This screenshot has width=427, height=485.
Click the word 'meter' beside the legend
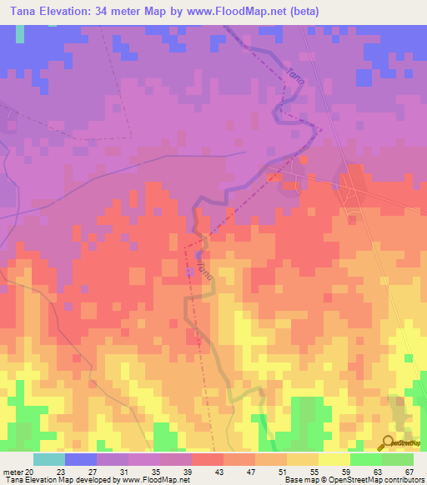[13, 471]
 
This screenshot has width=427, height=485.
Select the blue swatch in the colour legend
[81, 459]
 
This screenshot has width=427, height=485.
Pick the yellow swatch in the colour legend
[334, 459]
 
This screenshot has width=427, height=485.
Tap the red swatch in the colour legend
[208, 459]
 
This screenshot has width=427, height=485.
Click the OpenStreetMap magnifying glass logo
[387, 442]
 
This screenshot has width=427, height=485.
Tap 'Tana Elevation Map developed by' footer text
[60, 480]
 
